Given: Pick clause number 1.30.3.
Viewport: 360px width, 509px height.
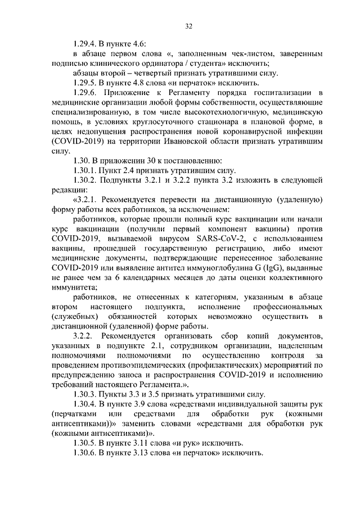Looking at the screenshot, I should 86,394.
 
